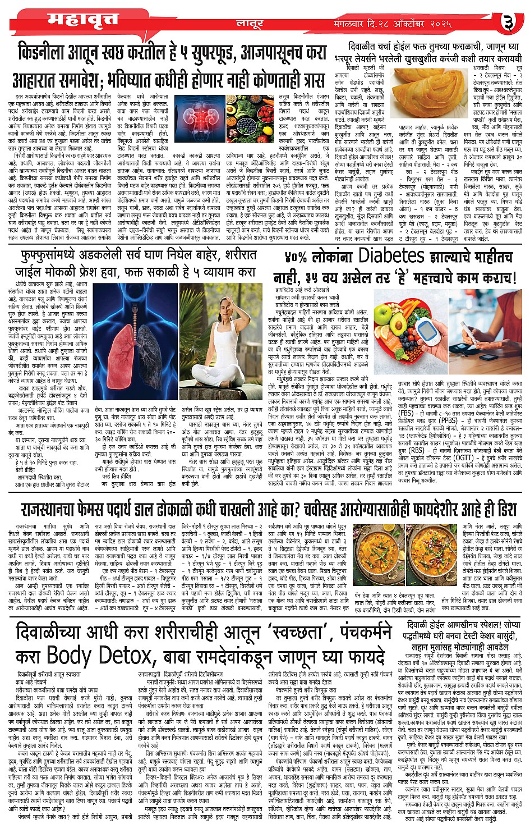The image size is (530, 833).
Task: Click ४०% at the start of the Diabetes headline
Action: (x=298, y=257)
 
